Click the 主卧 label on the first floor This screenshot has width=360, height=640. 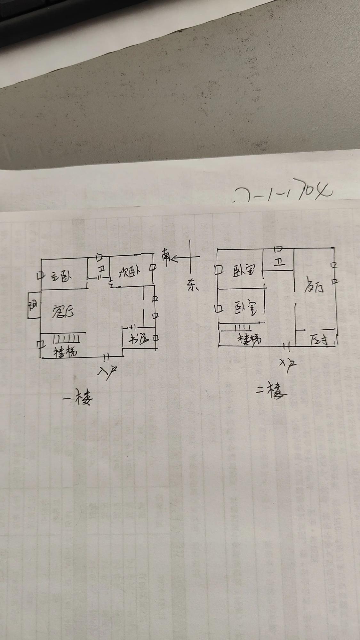click(x=62, y=276)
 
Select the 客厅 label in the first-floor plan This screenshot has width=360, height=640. click(x=63, y=311)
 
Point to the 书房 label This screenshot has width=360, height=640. click(x=139, y=339)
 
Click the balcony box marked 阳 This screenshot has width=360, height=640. click(x=33, y=306)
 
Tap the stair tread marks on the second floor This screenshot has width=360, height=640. click(x=243, y=328)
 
